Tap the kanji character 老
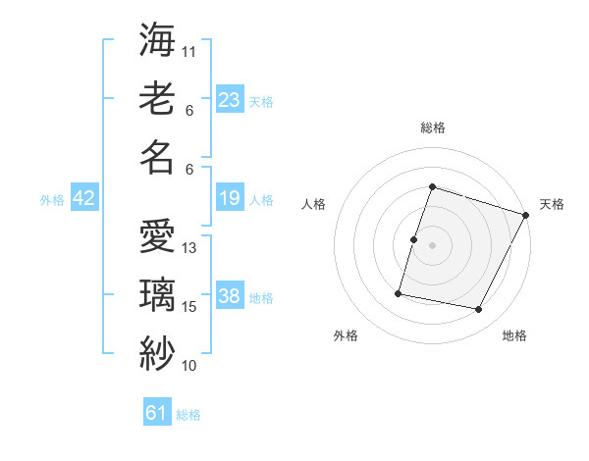[x=157, y=100]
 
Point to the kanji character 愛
[x=157, y=238]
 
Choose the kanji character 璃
[x=157, y=295]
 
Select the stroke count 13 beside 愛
[x=189, y=248]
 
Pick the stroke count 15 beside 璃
[x=189, y=307]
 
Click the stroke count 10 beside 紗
[x=189, y=366]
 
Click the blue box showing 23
[x=230, y=100]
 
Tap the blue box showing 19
[x=230, y=199]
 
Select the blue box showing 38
[x=230, y=297]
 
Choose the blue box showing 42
[x=84, y=199]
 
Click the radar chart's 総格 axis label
[x=433, y=128]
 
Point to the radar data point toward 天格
[x=526, y=216]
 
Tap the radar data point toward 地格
[x=479, y=310]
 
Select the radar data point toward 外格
[x=399, y=292]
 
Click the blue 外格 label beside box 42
[x=52, y=200]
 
